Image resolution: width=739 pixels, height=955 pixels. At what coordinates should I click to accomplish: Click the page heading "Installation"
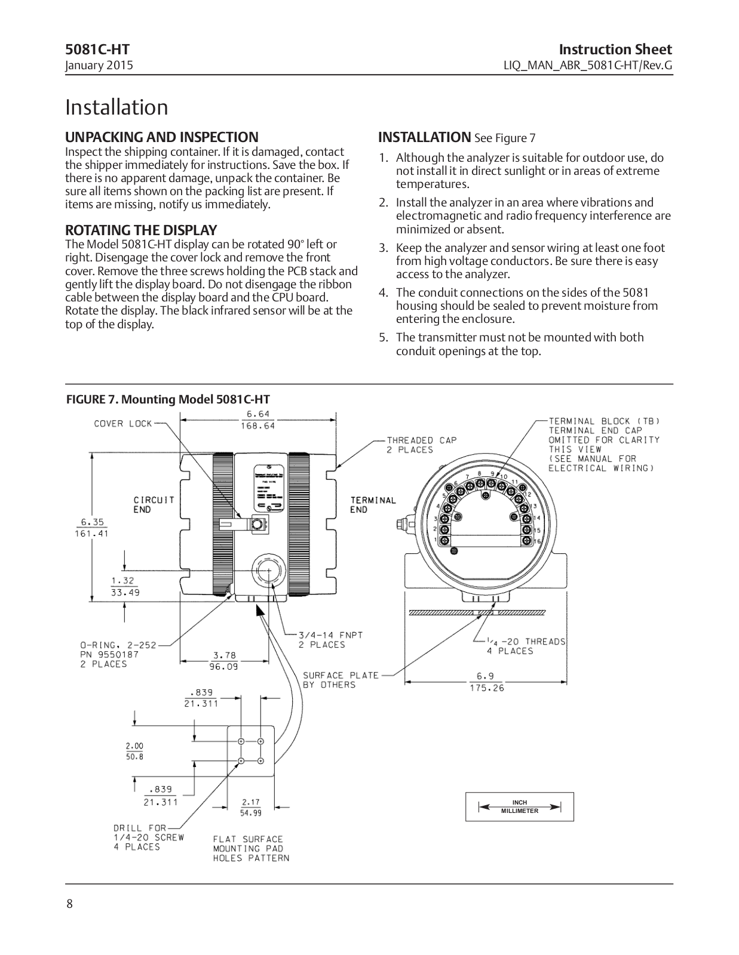coord(116,107)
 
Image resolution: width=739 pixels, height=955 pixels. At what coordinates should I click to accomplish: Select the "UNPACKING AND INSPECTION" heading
coord(162,137)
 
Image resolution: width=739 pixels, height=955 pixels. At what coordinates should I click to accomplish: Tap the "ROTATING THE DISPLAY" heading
coord(141,230)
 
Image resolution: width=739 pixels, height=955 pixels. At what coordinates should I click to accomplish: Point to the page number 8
coord(69,904)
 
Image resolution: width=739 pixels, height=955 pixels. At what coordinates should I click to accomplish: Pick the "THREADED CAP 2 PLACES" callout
coord(421,445)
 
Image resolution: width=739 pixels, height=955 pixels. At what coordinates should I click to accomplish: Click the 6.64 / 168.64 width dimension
coord(257,420)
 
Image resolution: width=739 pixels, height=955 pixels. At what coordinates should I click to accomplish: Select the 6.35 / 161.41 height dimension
coord(91,527)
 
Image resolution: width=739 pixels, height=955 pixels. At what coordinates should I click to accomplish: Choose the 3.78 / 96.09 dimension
coord(224,661)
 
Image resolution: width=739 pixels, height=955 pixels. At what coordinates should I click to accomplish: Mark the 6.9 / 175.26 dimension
coord(486,682)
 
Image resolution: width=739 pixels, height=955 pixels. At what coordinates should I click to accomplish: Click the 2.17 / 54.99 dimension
coord(250,807)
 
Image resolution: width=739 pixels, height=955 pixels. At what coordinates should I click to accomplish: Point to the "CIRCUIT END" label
coord(154,504)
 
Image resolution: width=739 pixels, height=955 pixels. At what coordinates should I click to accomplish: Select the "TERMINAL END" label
coord(373,504)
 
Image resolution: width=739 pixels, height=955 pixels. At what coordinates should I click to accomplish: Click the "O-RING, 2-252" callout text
coord(118,645)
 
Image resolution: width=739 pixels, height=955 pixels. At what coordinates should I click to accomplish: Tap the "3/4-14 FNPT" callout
coord(330,635)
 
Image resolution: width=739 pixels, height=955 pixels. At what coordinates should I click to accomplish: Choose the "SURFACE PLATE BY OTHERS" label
coord(341,680)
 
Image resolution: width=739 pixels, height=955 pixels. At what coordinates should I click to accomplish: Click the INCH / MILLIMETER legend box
coord(519,807)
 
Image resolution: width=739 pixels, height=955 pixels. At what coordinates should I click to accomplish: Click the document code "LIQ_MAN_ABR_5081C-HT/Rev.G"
coord(588,65)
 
